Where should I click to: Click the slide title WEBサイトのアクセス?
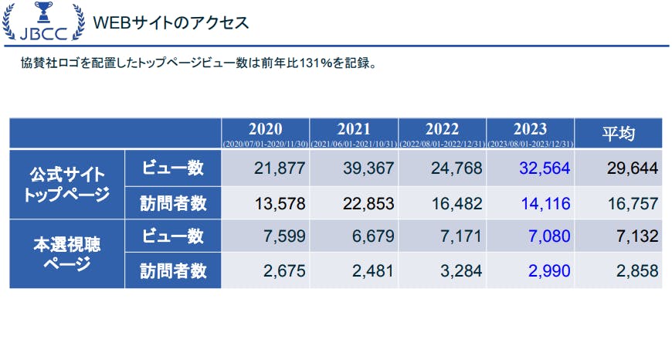click(x=170, y=22)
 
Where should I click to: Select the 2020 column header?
click(x=265, y=133)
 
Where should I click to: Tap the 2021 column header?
click(x=354, y=133)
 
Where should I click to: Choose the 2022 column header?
click(x=442, y=133)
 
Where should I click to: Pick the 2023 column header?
click(x=530, y=133)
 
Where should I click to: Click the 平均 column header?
click(x=619, y=134)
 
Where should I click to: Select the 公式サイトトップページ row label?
click(x=67, y=184)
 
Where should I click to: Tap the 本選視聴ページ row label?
click(x=67, y=253)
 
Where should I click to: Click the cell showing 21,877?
click(x=280, y=168)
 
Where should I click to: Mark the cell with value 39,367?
click(x=368, y=168)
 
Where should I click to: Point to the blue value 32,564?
click(x=545, y=168)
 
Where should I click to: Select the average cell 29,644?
click(x=632, y=168)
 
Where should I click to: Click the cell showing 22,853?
click(x=368, y=203)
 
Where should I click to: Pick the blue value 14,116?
click(x=545, y=203)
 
